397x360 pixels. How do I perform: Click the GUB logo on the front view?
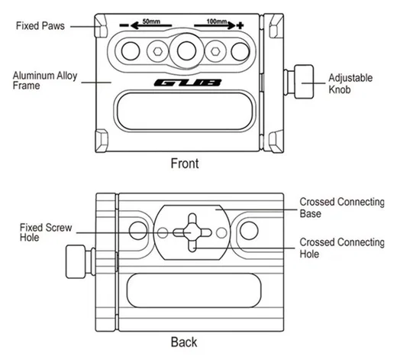click(188, 83)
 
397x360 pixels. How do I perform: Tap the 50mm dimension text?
click(151, 21)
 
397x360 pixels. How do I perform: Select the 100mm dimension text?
click(217, 21)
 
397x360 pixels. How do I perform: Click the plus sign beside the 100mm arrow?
click(240, 25)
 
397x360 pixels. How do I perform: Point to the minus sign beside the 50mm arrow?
click(124, 25)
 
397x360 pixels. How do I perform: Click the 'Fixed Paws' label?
click(40, 26)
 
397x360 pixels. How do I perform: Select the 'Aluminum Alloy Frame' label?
click(45, 80)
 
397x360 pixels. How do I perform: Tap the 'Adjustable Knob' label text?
click(350, 83)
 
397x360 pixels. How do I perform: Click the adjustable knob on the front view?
click(299, 82)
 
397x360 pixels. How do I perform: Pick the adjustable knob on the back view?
click(81, 261)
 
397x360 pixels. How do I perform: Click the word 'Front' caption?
click(185, 164)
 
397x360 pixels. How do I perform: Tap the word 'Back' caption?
click(184, 342)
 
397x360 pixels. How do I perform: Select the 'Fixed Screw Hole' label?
click(46, 232)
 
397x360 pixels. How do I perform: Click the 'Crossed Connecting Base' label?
click(342, 208)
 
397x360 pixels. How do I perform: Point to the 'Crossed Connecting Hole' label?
click(342, 248)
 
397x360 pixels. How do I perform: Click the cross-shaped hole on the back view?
click(192, 232)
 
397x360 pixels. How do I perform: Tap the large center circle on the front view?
click(186, 50)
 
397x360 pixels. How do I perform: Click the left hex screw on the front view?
click(158, 51)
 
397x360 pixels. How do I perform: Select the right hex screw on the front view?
click(215, 51)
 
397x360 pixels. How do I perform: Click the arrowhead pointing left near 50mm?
click(134, 25)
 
